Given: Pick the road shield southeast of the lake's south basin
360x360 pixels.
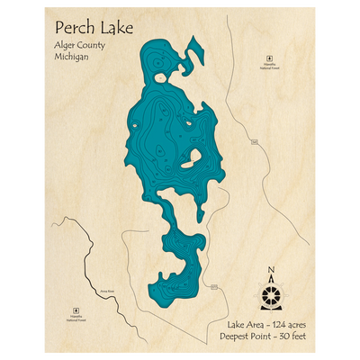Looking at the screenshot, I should tap(214, 287).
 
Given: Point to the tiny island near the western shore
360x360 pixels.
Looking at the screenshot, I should tap(133, 124).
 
